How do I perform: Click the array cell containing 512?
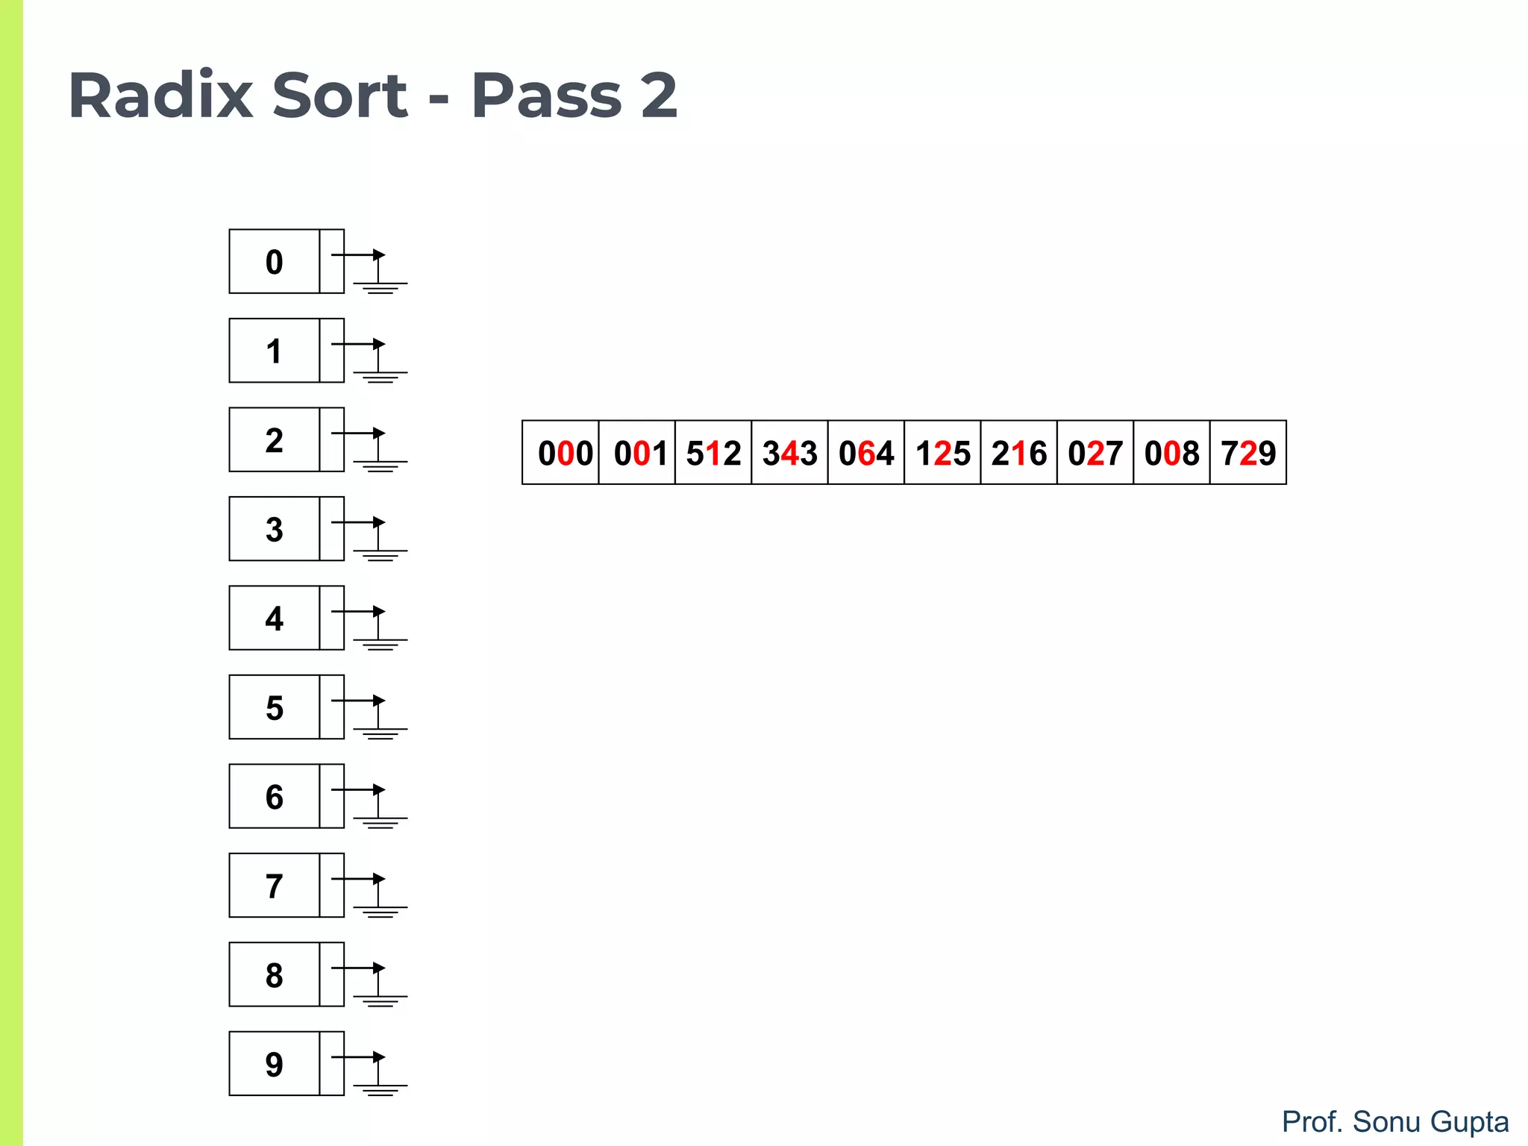click(x=713, y=453)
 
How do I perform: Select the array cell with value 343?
click(x=789, y=453)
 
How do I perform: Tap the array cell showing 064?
click(x=866, y=453)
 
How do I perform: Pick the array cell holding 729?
click(x=1248, y=453)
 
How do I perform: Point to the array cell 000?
click(x=561, y=453)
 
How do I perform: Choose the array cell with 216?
click(x=1019, y=453)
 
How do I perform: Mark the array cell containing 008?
click(x=1171, y=453)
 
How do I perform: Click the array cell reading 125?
click(x=942, y=453)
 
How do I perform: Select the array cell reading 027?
click(x=1095, y=453)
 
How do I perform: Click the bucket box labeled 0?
click(x=275, y=262)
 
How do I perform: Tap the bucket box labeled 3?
click(x=275, y=529)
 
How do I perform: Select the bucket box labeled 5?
click(x=275, y=707)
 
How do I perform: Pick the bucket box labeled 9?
click(x=275, y=1064)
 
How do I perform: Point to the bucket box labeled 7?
click(x=275, y=886)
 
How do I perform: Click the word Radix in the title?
click(x=160, y=95)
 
